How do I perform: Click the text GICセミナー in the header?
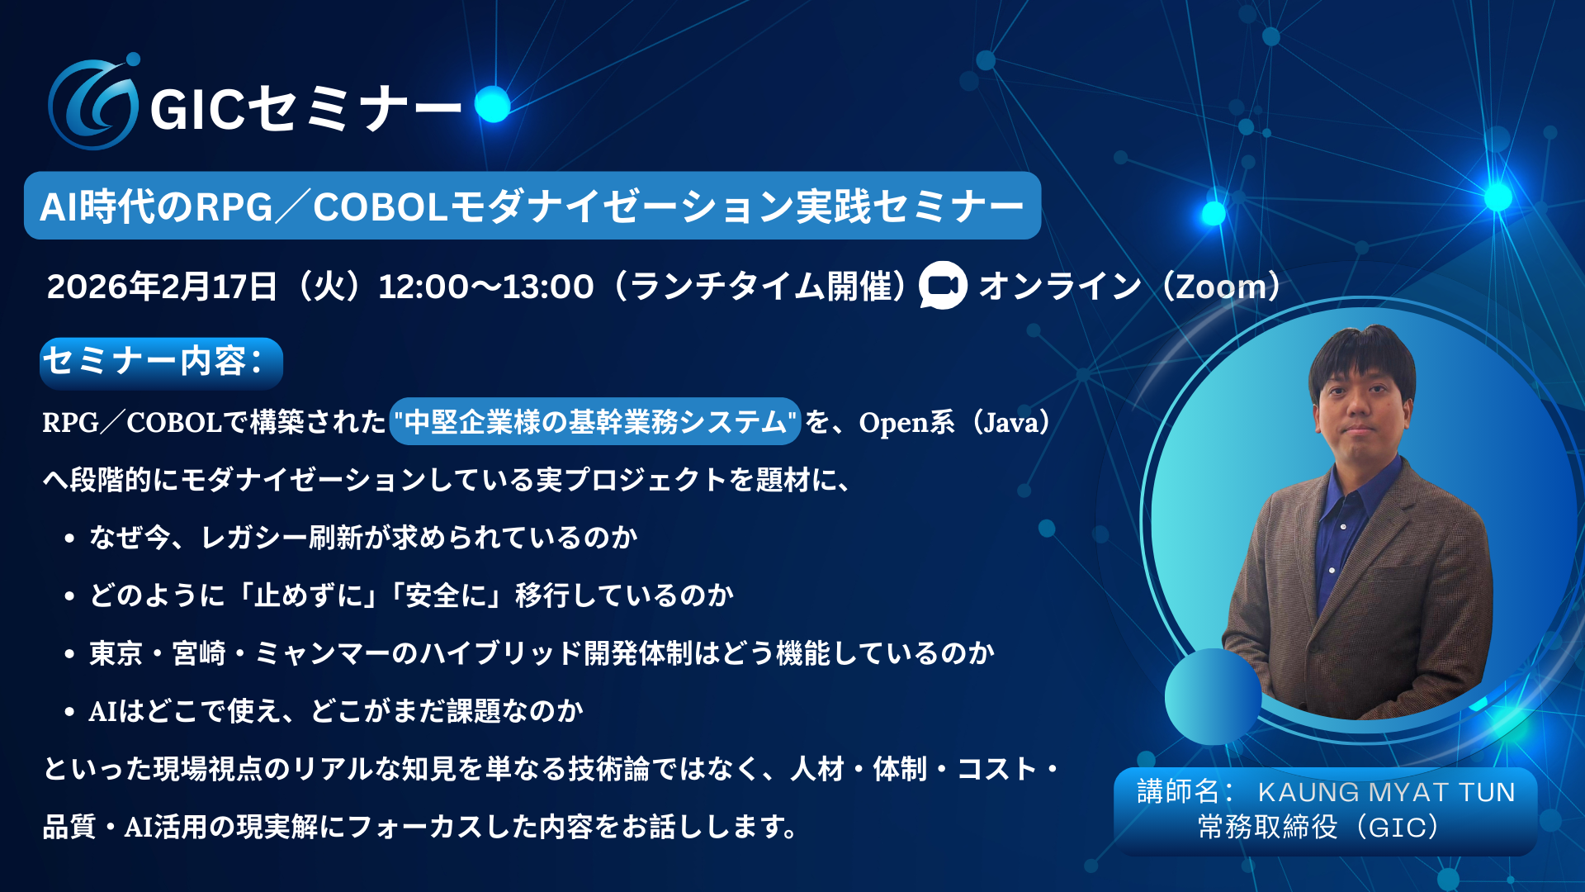(306, 109)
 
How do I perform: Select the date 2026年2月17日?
(162, 287)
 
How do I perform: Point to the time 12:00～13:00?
(485, 287)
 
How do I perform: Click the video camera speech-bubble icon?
(943, 286)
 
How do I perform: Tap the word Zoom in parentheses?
(1221, 287)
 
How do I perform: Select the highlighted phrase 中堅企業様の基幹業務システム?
(595, 422)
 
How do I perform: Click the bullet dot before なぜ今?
(69, 539)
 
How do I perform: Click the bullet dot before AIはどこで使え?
(69, 712)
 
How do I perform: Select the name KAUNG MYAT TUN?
(1387, 792)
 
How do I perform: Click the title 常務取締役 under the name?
(1268, 827)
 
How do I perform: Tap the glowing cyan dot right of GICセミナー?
(493, 104)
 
